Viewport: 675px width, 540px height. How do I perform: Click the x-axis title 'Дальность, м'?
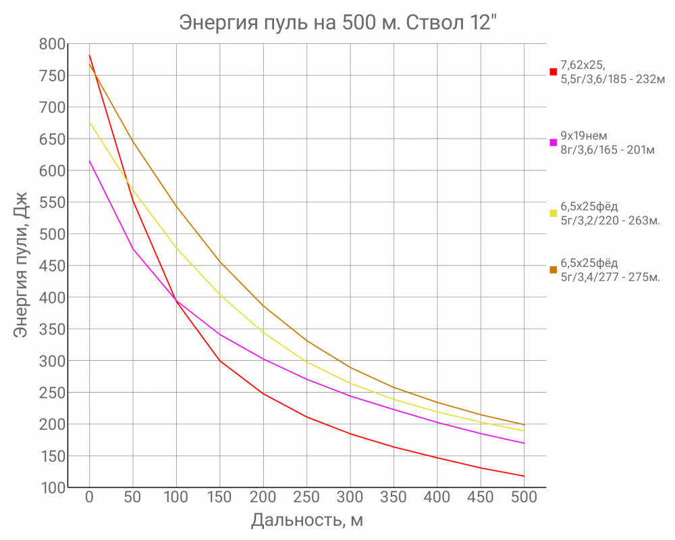coord(307,520)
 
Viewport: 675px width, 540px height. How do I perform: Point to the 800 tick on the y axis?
coord(53,44)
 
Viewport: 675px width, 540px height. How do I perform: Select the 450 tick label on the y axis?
coord(53,266)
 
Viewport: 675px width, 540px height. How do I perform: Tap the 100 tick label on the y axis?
coord(53,487)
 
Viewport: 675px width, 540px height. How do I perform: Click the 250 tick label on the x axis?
coord(306,498)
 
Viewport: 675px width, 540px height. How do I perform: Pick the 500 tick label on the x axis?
coord(524,498)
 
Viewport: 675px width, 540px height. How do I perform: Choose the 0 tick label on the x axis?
coord(89,498)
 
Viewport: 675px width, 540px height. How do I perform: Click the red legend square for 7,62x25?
coord(553,72)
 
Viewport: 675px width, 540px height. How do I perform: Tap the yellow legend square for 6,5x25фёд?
coord(553,214)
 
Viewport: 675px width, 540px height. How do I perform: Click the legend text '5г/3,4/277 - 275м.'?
coord(610,276)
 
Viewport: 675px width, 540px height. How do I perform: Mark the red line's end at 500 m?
coord(524,476)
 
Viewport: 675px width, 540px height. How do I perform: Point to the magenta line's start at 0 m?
coord(89,161)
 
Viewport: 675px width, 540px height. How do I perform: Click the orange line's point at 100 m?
coord(176,205)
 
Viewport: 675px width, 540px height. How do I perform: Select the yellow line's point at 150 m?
coord(219,295)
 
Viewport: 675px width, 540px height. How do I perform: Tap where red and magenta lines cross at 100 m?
coord(176,301)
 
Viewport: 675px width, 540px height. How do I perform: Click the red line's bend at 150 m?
coord(219,361)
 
